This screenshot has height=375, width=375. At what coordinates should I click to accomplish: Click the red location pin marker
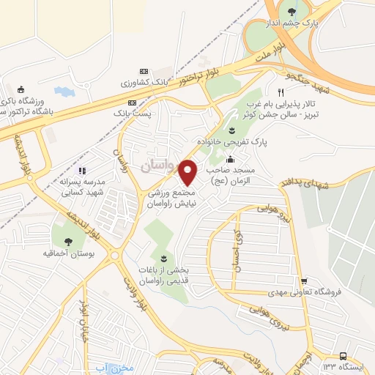[187, 173]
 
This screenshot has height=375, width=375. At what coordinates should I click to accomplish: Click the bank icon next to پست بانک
[132, 103]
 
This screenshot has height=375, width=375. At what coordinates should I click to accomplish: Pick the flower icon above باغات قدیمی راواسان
[163, 259]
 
